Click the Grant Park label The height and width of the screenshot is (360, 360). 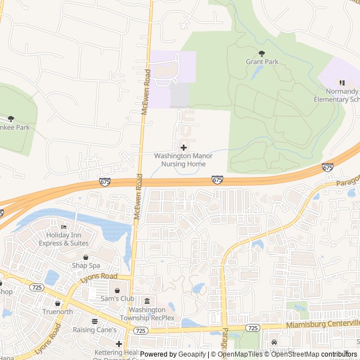(262, 62)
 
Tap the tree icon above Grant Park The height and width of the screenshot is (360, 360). (262, 53)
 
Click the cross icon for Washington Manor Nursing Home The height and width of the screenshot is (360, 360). (183, 147)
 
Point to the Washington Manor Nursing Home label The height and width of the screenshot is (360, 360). (183, 160)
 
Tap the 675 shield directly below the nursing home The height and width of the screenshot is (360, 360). (217, 179)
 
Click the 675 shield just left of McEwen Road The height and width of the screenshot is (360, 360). (105, 182)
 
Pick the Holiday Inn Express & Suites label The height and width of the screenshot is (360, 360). (64, 239)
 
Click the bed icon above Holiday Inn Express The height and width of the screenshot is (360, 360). (64, 227)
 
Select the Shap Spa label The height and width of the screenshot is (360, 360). (85, 265)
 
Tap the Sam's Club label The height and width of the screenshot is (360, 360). (117, 299)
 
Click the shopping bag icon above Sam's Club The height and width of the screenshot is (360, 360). (117, 290)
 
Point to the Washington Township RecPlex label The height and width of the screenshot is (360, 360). (152, 314)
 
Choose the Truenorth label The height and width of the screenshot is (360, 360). (57, 311)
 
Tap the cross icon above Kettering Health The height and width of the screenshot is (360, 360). (119, 344)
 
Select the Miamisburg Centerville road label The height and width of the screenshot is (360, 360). (322, 325)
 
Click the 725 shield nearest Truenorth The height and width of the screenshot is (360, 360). (37, 287)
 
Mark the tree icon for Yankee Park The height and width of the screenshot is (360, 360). (11, 119)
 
